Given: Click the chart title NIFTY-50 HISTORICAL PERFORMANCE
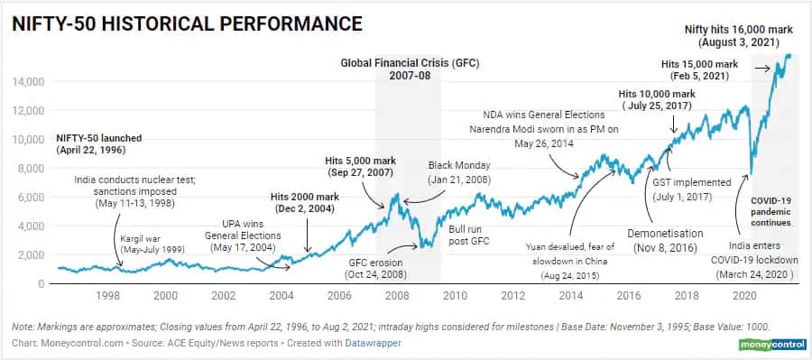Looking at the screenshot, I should coord(187,23).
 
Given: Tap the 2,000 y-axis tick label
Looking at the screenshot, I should coord(31,254).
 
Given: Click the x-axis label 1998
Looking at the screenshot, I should coord(107,296).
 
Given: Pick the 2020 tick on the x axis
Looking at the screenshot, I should coord(745,296).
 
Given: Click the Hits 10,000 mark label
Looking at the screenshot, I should coord(657,94).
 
